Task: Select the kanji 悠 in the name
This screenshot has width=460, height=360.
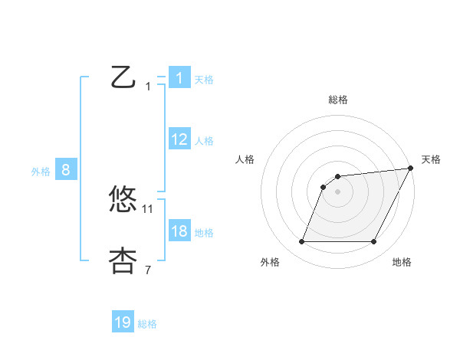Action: click(123, 200)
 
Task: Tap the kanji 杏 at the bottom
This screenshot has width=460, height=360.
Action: click(123, 260)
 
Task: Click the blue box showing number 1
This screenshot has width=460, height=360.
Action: click(179, 78)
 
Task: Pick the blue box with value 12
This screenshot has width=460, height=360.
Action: click(179, 139)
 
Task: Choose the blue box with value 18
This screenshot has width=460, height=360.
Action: click(179, 231)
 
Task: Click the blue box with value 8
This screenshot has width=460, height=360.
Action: click(66, 171)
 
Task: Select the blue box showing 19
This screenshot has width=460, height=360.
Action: click(123, 322)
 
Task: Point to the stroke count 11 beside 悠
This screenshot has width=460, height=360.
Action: click(148, 208)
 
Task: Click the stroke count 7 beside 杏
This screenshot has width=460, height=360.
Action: click(148, 270)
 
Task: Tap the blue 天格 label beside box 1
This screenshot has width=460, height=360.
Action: click(204, 80)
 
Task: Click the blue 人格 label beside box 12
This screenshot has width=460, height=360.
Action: click(204, 141)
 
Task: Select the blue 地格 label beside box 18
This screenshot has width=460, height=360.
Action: click(204, 233)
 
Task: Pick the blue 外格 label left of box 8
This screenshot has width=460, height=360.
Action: click(41, 172)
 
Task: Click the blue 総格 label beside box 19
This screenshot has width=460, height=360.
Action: click(147, 324)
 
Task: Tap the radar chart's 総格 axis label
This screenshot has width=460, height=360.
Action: click(338, 100)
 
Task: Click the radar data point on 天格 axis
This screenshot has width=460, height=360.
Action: click(411, 169)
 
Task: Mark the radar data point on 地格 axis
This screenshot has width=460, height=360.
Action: click(374, 242)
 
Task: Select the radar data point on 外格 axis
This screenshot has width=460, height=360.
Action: click(301, 242)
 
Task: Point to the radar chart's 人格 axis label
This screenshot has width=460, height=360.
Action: click(245, 159)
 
